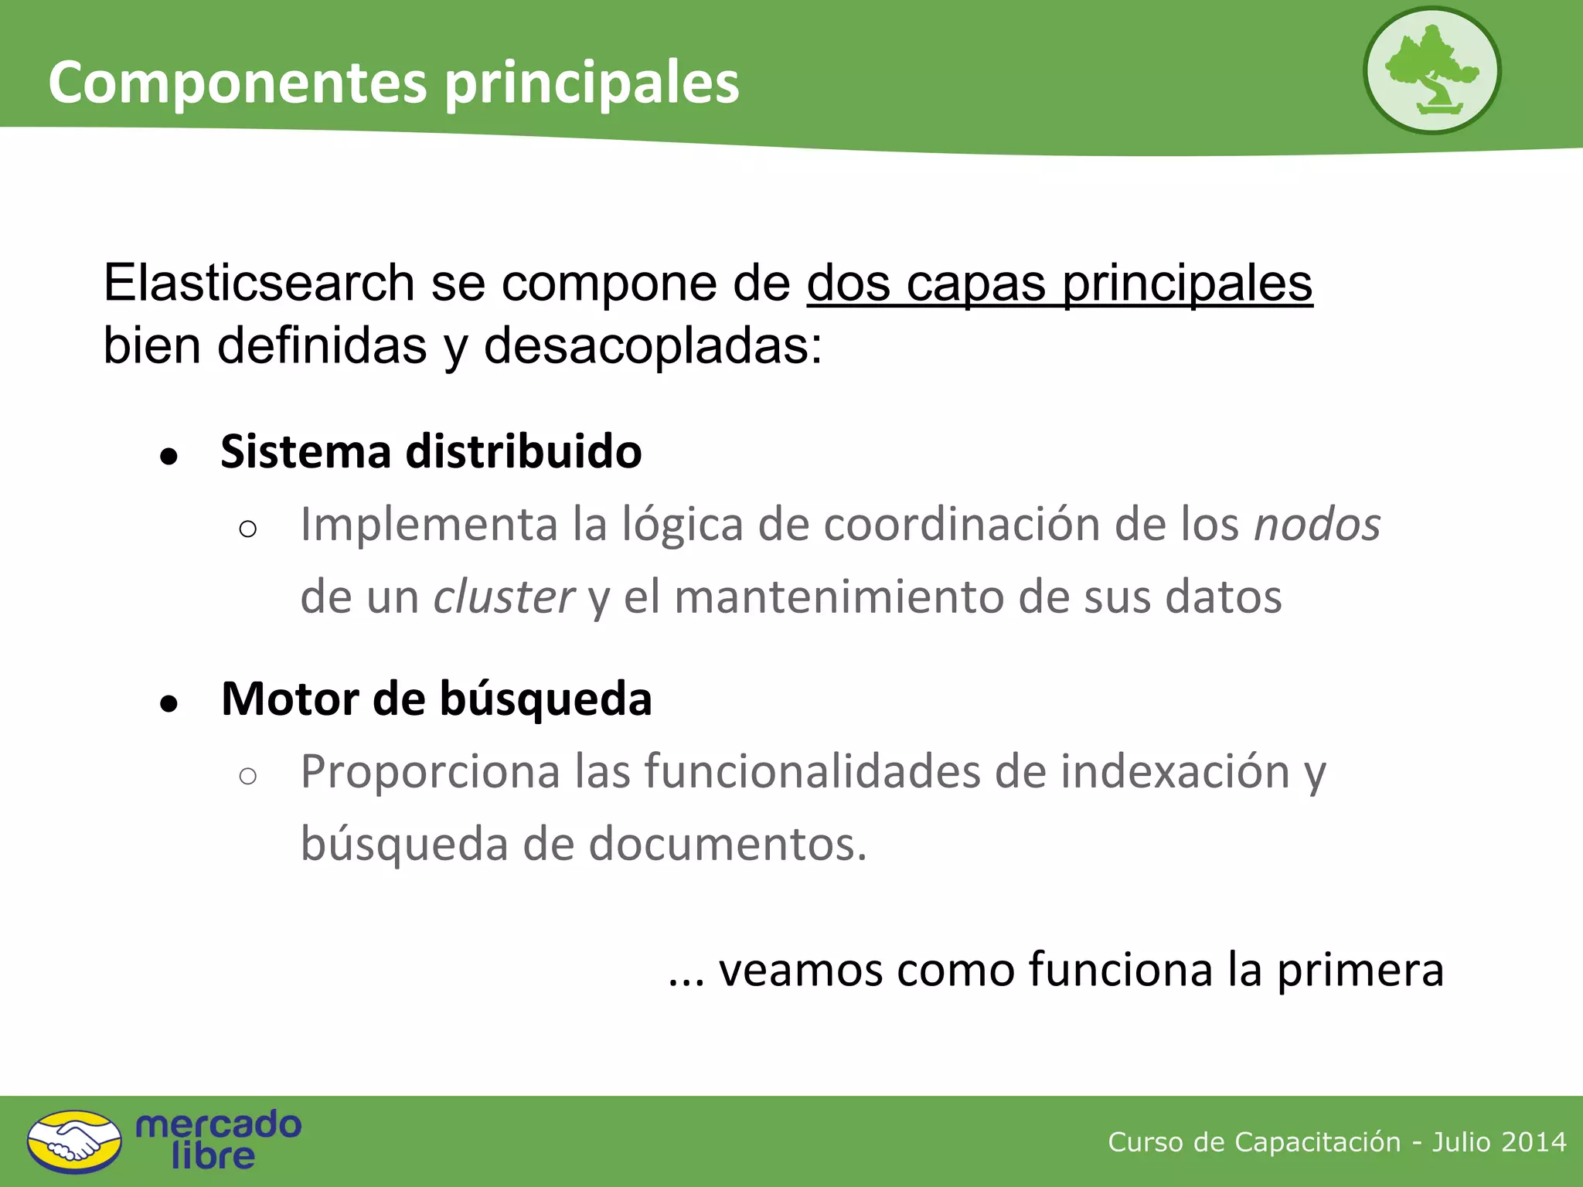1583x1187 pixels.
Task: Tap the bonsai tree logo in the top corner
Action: coord(1432,71)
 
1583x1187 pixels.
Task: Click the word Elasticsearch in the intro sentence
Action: coord(259,283)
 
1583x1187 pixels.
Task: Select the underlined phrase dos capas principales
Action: coord(1059,284)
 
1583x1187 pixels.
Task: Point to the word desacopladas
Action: coord(652,345)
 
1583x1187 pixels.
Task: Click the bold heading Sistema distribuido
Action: coord(431,451)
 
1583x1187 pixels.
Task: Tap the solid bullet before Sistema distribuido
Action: coord(169,456)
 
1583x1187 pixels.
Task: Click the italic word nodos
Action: coord(1316,525)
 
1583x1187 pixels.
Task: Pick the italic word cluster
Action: coord(503,597)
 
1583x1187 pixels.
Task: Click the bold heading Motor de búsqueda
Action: coord(436,699)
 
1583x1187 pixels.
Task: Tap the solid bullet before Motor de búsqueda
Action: coord(169,703)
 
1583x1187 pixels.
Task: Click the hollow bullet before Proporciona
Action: coord(248,776)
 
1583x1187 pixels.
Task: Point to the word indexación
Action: coord(1175,772)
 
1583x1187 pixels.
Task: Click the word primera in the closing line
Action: coord(1360,970)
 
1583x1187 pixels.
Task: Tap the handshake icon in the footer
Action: coord(74,1141)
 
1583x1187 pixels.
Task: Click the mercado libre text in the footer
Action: coord(218,1140)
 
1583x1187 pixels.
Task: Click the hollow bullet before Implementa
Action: coord(248,529)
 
